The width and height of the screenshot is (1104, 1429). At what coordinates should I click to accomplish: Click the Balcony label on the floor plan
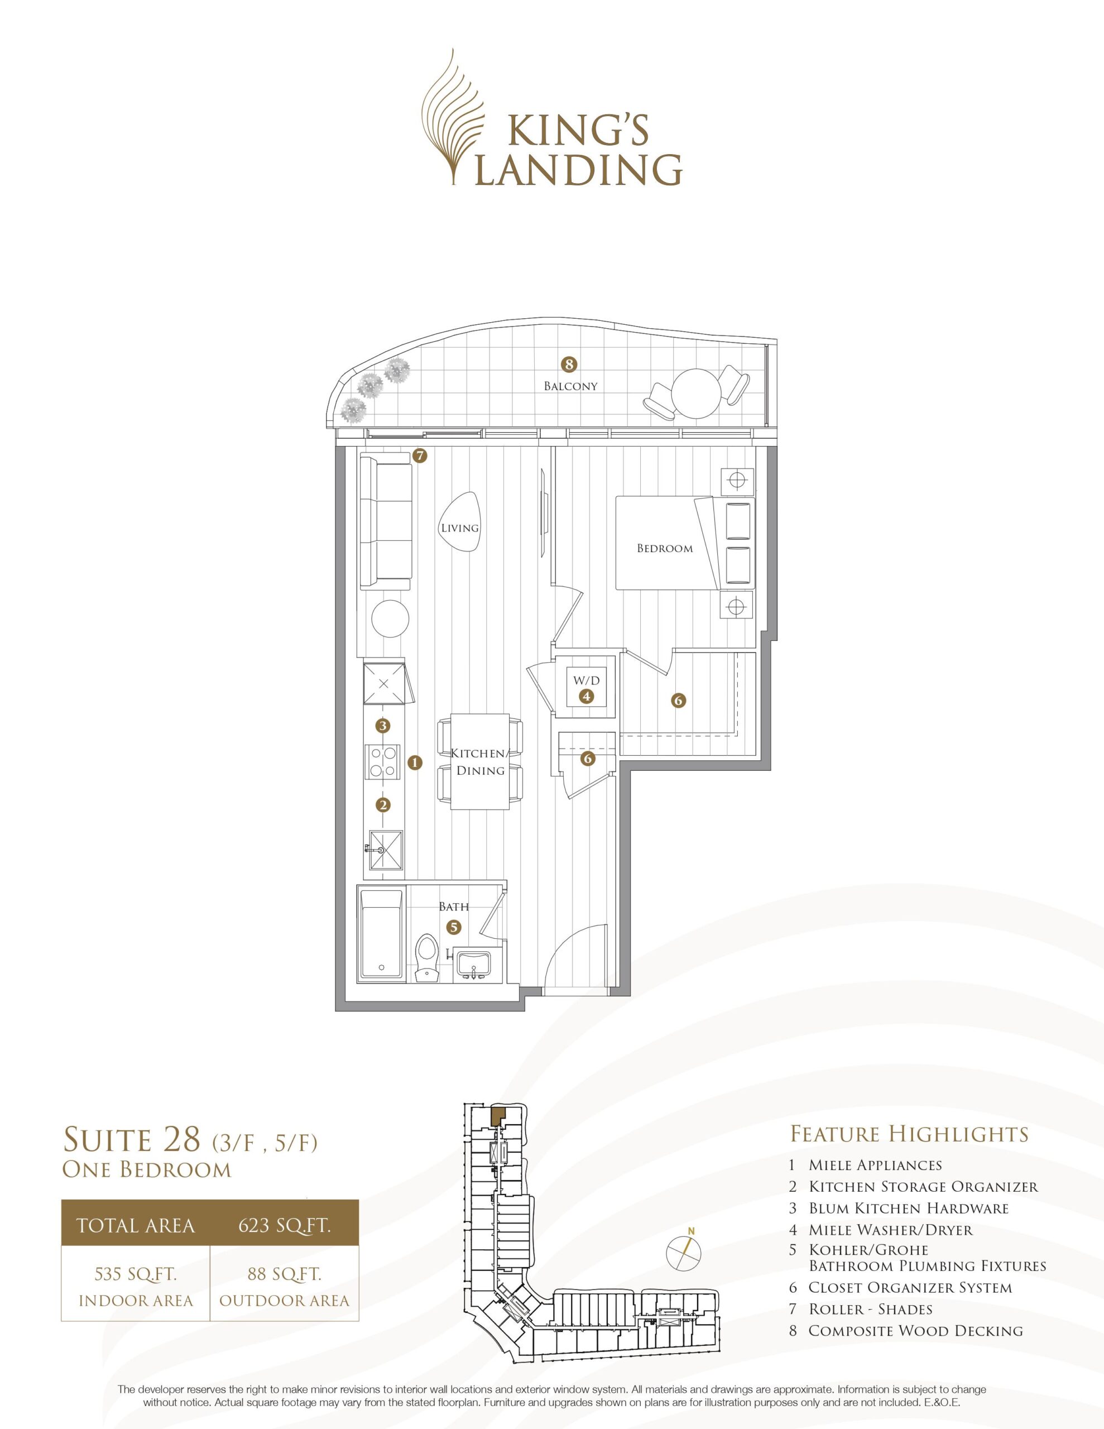click(x=570, y=386)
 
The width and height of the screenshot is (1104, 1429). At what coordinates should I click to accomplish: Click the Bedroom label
click(x=665, y=548)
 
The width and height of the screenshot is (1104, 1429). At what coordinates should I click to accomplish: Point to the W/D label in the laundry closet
click(x=587, y=680)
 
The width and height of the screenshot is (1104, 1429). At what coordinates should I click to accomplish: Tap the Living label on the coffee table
click(x=459, y=528)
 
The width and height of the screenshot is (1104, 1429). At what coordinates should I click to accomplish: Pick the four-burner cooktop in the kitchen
click(x=383, y=763)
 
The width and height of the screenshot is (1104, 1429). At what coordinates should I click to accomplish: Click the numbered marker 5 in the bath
click(x=454, y=927)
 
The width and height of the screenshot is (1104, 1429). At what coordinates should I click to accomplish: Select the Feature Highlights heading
click(x=910, y=1133)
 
